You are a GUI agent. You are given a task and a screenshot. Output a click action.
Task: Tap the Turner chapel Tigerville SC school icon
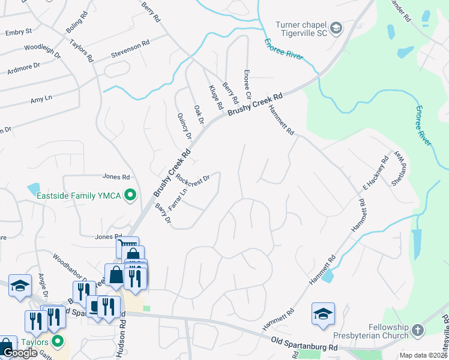(x=336, y=28)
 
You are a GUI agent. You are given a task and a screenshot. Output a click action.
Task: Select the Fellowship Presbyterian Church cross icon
(x=417, y=331)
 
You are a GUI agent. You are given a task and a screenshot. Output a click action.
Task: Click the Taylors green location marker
(x=58, y=342)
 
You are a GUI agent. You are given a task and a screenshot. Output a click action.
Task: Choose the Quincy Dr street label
(x=184, y=125)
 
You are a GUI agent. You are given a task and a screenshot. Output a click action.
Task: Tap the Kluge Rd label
(x=215, y=97)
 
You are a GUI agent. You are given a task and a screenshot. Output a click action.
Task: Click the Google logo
(x=20, y=353)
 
